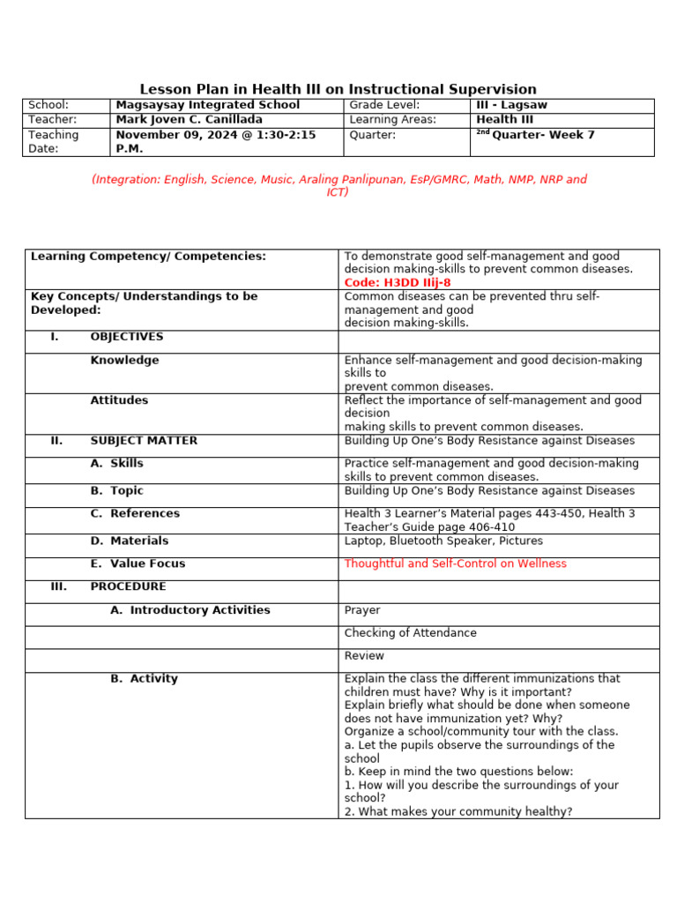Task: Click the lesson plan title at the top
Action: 338,89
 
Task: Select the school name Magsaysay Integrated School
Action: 208,105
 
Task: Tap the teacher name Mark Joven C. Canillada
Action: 189,120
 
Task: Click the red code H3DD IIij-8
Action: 398,282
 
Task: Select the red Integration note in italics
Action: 338,185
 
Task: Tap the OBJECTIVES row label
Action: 126,337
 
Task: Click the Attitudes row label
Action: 119,400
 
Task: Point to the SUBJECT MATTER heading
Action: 144,441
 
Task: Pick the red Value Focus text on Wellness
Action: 455,563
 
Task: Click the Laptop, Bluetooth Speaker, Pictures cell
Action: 443,541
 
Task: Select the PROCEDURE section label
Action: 128,586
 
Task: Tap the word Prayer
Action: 362,610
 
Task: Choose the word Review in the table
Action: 364,656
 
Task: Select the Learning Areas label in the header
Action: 392,120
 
